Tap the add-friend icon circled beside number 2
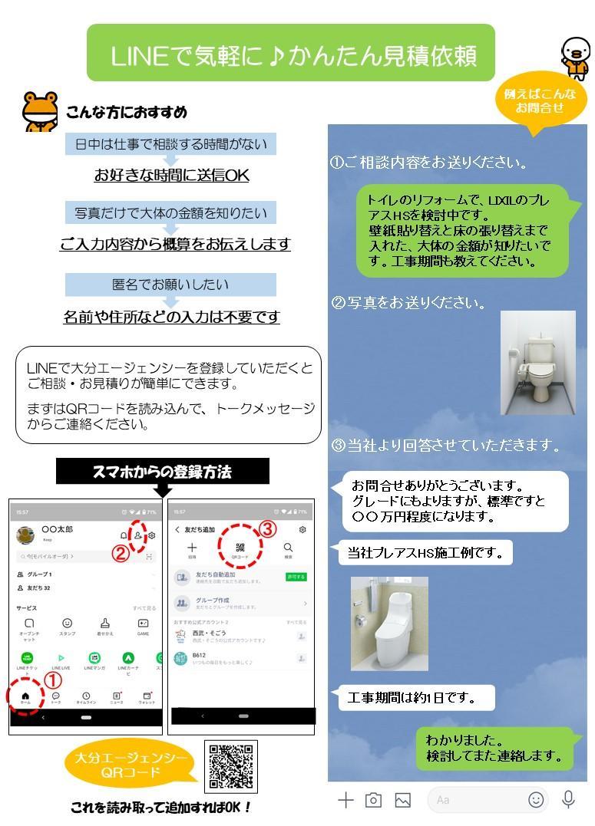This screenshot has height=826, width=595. (137, 535)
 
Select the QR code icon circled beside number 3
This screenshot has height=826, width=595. (240, 548)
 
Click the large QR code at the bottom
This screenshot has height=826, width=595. (230, 766)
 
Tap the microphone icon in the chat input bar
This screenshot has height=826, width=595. (568, 799)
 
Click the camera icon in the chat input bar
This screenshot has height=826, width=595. (373, 800)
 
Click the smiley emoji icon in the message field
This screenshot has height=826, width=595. (536, 800)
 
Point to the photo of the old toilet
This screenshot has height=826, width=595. (537, 362)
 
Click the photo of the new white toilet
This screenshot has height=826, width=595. (389, 624)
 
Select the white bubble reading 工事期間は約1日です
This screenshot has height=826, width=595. (416, 698)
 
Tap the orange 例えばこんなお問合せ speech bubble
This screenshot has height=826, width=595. (540, 101)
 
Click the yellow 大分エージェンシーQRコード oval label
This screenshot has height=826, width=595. (131, 765)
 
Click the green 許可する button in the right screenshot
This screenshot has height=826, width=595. (296, 577)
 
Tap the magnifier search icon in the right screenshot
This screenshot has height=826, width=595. (288, 548)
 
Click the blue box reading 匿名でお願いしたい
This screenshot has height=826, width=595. (170, 285)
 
